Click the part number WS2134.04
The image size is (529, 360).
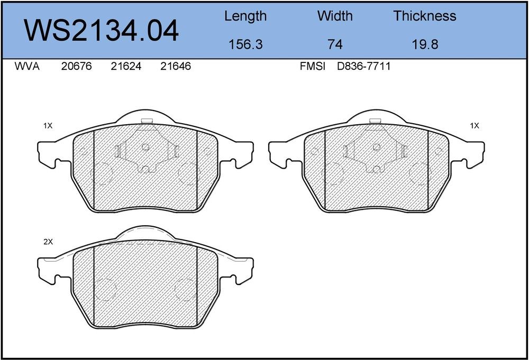tap(101, 30)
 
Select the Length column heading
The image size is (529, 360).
tap(245, 16)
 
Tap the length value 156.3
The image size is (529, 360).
tap(245, 44)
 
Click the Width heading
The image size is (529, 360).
tap(335, 16)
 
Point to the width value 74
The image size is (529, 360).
tap(335, 44)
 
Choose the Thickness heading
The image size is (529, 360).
tap(425, 16)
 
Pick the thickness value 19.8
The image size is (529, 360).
tap(425, 44)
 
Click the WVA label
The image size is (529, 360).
tap(27, 66)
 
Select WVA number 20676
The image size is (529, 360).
tap(76, 66)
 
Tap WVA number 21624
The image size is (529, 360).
tap(126, 66)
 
